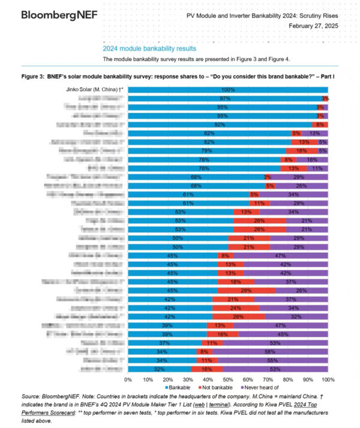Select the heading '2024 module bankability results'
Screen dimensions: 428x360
(149, 49)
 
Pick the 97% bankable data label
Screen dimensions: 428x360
(225, 98)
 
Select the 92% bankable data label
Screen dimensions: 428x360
(220, 124)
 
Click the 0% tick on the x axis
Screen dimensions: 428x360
(128, 380)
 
